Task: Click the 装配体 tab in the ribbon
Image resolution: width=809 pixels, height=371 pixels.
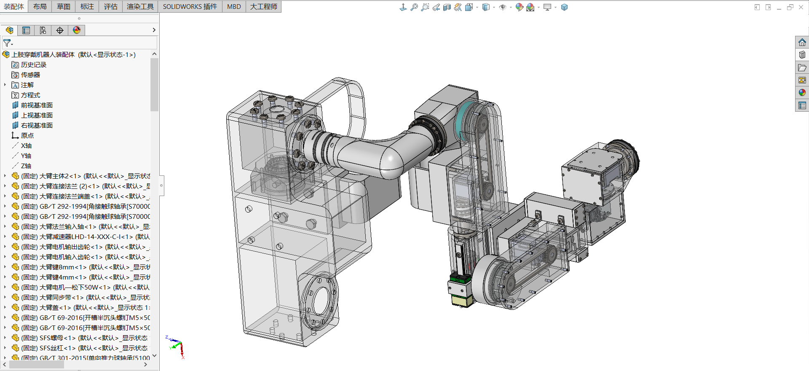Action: [14, 7]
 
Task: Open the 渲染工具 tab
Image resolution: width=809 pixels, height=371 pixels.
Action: [140, 7]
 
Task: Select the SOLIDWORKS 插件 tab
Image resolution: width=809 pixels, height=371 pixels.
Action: [190, 7]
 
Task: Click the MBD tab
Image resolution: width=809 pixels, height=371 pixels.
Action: [234, 7]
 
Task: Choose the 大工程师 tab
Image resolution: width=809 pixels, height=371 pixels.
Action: [264, 7]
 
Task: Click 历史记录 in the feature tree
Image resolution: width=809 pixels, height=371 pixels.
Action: [34, 65]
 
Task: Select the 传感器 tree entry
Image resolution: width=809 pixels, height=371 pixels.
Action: [30, 75]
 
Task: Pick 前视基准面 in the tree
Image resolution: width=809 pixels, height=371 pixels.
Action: [37, 105]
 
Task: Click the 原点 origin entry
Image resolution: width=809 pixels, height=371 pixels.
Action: [27, 136]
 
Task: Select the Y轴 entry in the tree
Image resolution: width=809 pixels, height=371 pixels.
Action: [26, 156]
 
